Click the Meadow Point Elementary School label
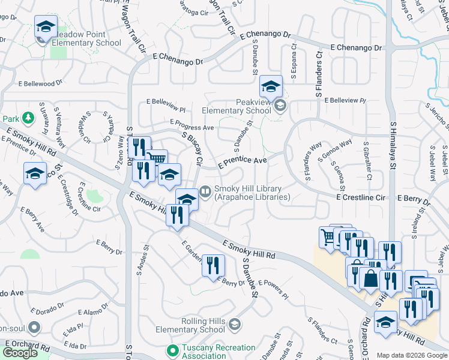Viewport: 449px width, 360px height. pyautogui.click(x=86, y=38)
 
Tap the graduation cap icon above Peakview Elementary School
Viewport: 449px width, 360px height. pyautogui.click(x=271, y=86)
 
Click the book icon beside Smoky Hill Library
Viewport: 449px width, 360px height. pyautogui.click(x=205, y=191)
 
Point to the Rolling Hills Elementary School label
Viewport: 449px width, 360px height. pyautogui.click(x=190, y=325)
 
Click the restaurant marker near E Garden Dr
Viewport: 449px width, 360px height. pyautogui.click(x=213, y=265)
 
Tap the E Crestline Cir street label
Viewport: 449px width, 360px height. pyautogui.click(x=360, y=197)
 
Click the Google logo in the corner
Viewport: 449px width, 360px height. pyautogui.click(x=20, y=353)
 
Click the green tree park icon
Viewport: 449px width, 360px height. pyautogui.click(x=27, y=117)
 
